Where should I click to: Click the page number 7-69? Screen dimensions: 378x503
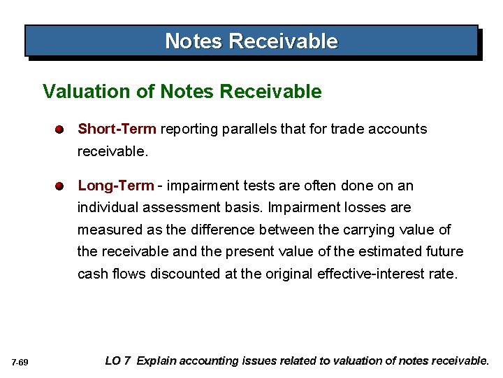pos(20,362)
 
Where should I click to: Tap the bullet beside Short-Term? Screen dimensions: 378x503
pos(61,129)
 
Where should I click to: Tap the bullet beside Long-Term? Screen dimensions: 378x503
pos(61,186)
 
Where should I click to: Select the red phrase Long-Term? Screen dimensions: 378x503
pos(115,185)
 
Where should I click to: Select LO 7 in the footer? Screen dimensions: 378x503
pos(117,361)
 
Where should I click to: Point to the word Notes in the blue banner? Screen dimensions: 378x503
pos(194,41)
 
